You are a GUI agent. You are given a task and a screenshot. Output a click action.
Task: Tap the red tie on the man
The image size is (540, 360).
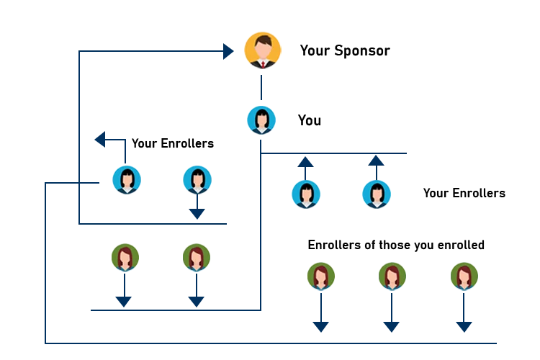tap(263, 64)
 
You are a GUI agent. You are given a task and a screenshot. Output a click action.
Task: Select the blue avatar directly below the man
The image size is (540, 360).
tap(261, 120)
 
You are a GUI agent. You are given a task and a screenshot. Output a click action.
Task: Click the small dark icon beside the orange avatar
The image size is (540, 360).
tap(228, 52)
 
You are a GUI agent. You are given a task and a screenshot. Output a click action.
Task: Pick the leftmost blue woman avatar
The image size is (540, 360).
tap(127, 179)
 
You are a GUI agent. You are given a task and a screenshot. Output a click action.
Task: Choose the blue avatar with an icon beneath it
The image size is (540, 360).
tap(197, 179)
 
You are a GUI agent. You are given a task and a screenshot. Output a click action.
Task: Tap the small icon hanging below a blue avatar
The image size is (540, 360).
tap(197, 212)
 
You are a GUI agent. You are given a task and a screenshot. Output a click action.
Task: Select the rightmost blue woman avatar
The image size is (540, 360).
tap(377, 194)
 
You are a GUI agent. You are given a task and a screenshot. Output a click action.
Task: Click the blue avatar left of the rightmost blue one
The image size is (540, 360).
tap(306, 194)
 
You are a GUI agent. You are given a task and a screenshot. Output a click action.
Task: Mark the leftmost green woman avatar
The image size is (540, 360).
tap(125, 258)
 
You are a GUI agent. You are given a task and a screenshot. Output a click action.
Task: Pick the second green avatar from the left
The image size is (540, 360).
tap(196, 258)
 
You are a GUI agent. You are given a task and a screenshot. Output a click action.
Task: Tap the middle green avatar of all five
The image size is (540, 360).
tap(320, 276)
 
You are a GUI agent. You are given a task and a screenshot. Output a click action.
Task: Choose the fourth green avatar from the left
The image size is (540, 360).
tap(392, 276)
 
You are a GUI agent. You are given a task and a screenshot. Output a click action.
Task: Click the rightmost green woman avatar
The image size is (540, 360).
tap(464, 276)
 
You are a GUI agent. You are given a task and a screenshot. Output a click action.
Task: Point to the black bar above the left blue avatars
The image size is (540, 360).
tap(173, 144)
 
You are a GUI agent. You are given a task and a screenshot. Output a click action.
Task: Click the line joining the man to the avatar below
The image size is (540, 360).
tap(262, 86)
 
